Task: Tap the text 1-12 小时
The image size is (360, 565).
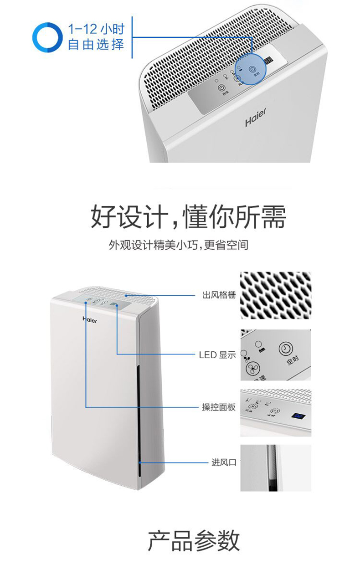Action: pos(95,29)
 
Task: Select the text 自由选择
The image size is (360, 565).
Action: pos(95,45)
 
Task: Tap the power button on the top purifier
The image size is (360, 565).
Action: pos(221,88)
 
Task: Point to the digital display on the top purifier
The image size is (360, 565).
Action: pos(268,61)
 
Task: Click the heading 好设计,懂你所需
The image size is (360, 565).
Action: pos(188,217)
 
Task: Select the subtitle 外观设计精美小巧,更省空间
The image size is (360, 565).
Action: pos(179,245)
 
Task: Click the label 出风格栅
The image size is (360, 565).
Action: pos(219,295)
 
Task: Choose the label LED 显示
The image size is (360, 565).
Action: pos(217,354)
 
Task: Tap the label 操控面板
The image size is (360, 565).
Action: pos(219,407)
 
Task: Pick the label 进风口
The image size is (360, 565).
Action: pos(224,462)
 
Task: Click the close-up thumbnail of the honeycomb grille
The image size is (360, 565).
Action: pos(276,294)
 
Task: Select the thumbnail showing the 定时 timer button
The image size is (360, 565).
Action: pos(276,354)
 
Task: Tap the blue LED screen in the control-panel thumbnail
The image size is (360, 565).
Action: pos(298,416)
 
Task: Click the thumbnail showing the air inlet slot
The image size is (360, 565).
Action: pos(276,468)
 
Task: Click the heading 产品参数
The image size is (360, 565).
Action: pos(194,541)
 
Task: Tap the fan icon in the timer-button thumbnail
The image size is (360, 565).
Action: pos(251,369)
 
